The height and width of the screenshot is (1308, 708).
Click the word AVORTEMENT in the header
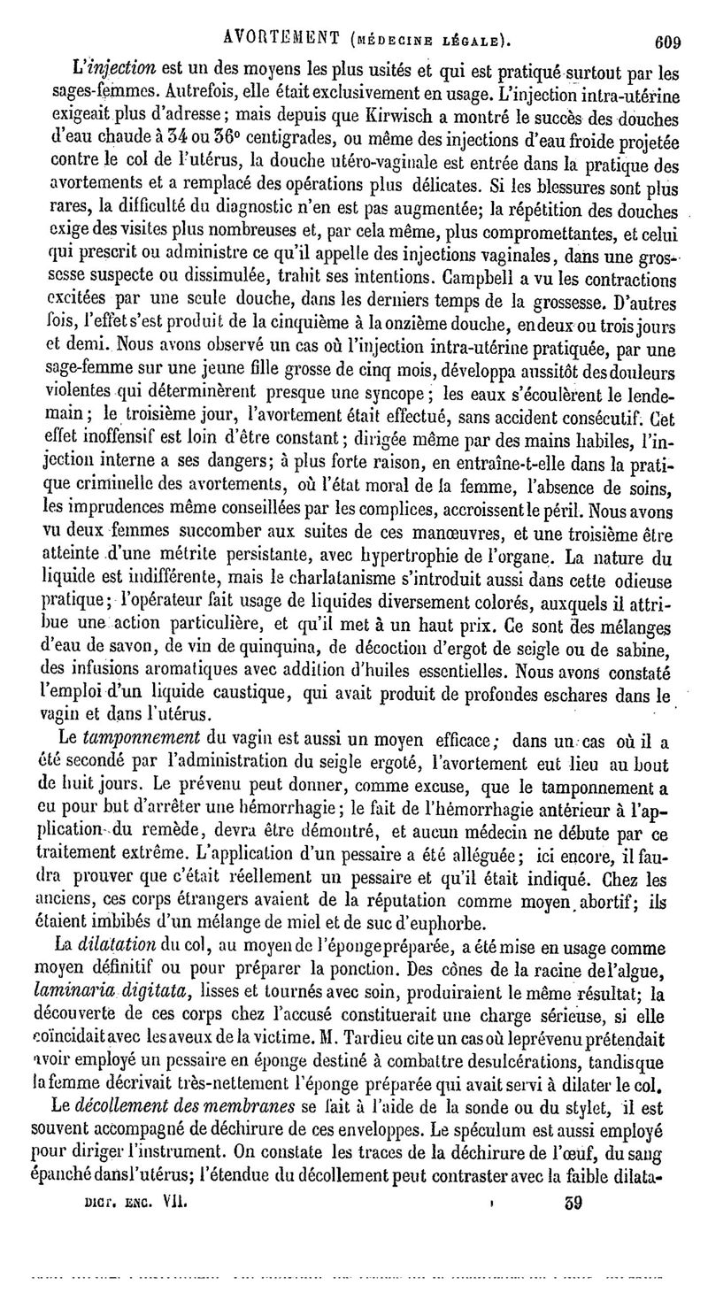click(x=284, y=39)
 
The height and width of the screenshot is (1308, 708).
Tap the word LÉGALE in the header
click(x=474, y=40)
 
